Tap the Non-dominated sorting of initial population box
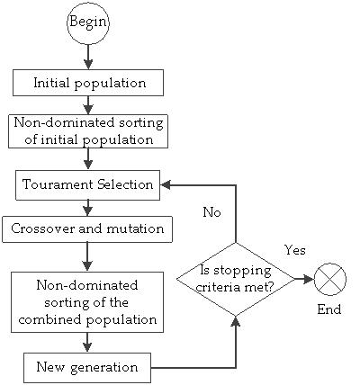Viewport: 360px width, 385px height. pyautogui.click(x=88, y=131)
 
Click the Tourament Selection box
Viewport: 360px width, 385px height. pyautogui.click(x=88, y=184)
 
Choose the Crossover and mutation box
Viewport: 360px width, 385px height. pyautogui.click(x=86, y=228)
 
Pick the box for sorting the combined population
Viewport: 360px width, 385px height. pyautogui.click(x=87, y=302)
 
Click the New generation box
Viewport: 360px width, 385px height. pyautogui.click(x=86, y=367)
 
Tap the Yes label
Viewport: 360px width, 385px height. pyautogui.click(x=295, y=248)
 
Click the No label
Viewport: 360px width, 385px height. pyautogui.click(x=211, y=213)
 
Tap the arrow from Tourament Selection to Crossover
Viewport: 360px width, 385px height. pyautogui.click(x=87, y=207)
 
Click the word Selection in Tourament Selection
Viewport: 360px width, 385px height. pyautogui.click(x=125, y=184)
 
